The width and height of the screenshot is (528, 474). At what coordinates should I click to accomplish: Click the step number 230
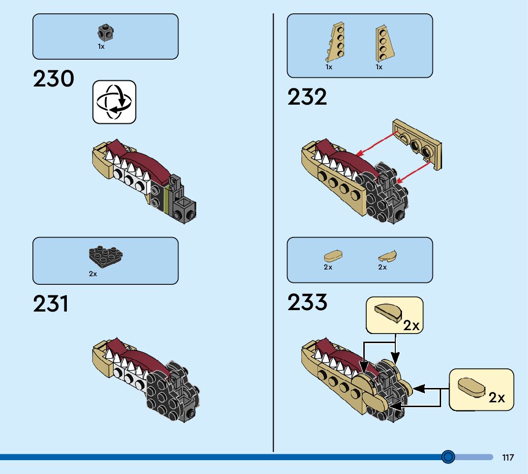[53, 79]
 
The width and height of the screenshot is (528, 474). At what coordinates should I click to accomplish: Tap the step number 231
[51, 304]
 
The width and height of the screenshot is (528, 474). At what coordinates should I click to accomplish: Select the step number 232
[307, 97]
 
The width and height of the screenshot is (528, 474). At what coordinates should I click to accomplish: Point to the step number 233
[307, 302]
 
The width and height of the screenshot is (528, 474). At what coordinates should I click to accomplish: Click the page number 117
[508, 458]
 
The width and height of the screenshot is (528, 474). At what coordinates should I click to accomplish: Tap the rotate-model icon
[114, 102]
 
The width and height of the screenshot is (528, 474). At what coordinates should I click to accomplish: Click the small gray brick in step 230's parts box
[106, 33]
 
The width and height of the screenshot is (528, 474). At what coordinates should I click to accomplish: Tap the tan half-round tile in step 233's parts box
[388, 256]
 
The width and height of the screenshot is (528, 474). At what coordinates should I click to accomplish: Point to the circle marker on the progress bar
[448, 457]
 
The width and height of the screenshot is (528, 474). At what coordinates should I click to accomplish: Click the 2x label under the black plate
[93, 274]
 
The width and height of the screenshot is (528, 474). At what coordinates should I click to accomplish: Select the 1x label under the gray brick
[101, 47]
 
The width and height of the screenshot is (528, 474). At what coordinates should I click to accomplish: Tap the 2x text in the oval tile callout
[496, 398]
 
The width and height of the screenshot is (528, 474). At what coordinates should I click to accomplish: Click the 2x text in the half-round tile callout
[411, 326]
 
